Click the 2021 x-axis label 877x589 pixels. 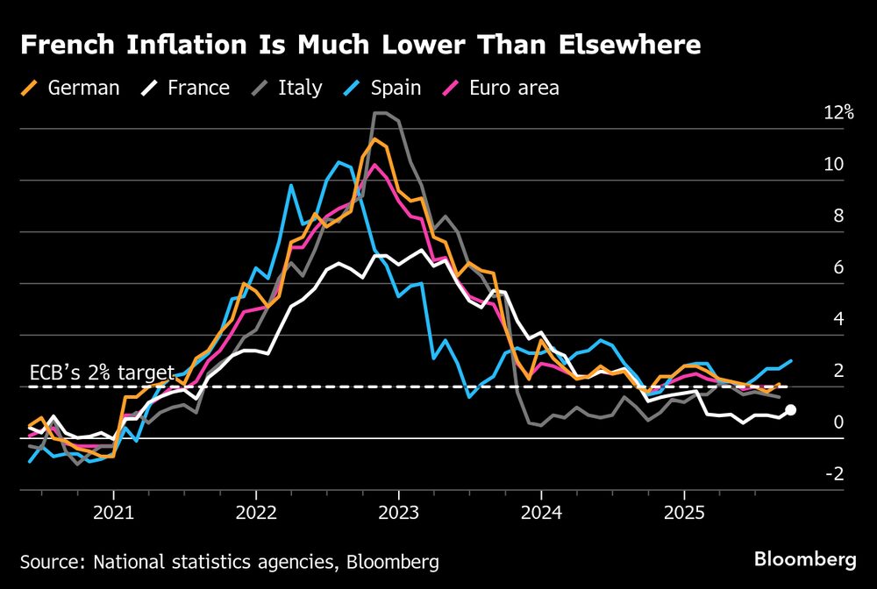(x=113, y=511)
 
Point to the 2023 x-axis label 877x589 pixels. (x=399, y=511)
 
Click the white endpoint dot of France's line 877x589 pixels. (x=791, y=409)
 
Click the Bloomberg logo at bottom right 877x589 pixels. (x=805, y=558)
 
